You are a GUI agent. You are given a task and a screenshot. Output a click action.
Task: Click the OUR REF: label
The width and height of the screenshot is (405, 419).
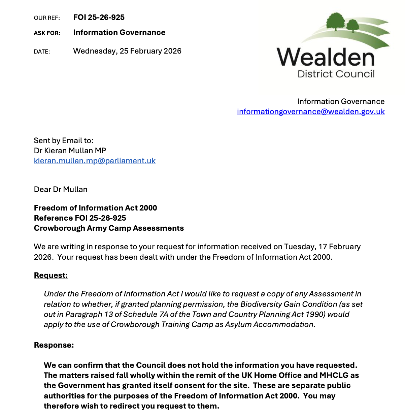pyautogui.click(x=47, y=18)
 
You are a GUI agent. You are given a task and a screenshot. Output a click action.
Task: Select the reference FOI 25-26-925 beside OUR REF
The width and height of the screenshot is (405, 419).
pyautogui.click(x=99, y=17)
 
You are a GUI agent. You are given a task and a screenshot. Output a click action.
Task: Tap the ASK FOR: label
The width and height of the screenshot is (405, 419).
pyautogui.click(x=47, y=33)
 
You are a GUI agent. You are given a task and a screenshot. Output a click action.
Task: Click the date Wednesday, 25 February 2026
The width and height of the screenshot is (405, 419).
pyautogui.click(x=127, y=51)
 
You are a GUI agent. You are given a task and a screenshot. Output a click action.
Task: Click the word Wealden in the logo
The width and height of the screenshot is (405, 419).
pyautogui.click(x=326, y=57)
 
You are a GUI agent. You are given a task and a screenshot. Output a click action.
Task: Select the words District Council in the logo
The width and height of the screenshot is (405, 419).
pyautogui.click(x=336, y=74)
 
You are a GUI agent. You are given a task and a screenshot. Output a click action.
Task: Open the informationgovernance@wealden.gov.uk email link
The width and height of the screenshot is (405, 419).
pyautogui.click(x=310, y=111)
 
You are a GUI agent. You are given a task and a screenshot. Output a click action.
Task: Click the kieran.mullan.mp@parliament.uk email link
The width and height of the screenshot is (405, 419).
pyautogui.click(x=95, y=161)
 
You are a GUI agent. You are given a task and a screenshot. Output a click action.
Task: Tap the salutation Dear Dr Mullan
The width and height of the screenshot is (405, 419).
pyautogui.click(x=61, y=189)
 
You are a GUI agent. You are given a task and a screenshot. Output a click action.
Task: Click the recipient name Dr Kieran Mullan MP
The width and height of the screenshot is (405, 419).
pyautogui.click(x=70, y=151)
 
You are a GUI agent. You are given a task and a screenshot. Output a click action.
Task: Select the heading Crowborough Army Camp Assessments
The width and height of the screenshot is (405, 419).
pyautogui.click(x=109, y=228)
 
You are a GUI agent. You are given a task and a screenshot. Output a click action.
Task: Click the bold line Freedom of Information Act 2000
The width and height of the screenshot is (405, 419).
pyautogui.click(x=95, y=208)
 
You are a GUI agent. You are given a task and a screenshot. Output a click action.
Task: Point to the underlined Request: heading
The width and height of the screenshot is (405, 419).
pyautogui.click(x=50, y=275)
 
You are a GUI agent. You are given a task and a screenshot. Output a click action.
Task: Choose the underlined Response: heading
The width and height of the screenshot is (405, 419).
pyautogui.click(x=54, y=345)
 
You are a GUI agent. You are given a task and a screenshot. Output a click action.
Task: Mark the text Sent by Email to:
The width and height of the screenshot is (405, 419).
pyautogui.click(x=63, y=140)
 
